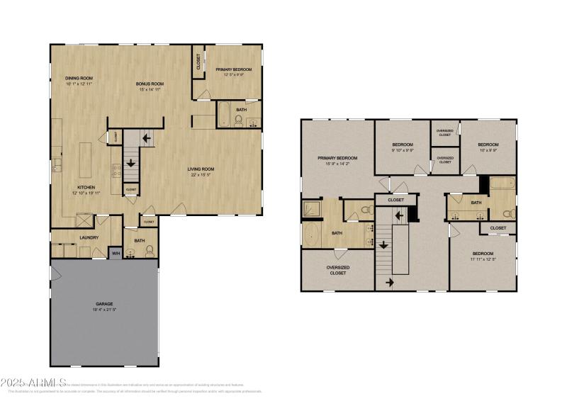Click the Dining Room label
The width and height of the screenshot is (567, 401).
click(x=79, y=78)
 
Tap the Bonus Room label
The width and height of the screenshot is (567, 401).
click(x=150, y=84)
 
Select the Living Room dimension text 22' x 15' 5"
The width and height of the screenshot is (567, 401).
click(x=201, y=174)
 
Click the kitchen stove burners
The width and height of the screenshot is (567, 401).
click(x=117, y=171)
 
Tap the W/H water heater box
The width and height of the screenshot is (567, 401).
click(x=116, y=253)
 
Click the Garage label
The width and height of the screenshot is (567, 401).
click(x=103, y=304)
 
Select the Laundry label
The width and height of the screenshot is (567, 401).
click(x=89, y=237)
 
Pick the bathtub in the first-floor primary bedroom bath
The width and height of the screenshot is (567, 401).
click(x=223, y=115)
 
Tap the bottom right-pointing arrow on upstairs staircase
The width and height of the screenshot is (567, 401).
click(x=388, y=282)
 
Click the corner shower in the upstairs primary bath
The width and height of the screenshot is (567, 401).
click(x=313, y=208)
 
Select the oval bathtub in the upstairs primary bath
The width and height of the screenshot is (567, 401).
click(x=313, y=235)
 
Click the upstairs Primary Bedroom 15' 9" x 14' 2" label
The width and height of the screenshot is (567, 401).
click(x=337, y=157)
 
